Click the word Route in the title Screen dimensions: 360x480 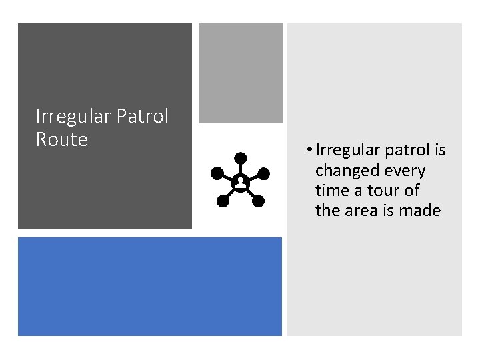[x=61, y=139]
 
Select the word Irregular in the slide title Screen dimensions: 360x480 [x=73, y=117]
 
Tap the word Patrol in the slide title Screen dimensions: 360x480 [x=143, y=117]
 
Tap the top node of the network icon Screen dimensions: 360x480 [x=240, y=158]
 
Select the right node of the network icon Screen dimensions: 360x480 [x=263, y=173]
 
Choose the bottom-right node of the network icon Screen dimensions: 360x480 [x=259, y=200]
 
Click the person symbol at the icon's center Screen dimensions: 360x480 [x=239, y=181]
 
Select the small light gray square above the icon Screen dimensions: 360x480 [x=241, y=73]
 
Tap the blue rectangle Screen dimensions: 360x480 [x=150, y=286]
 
